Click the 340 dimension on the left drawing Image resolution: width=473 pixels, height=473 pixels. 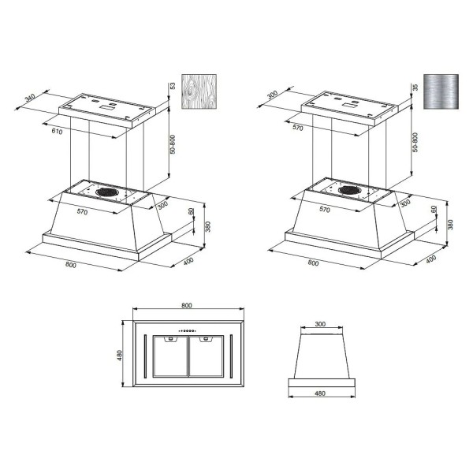[31, 98]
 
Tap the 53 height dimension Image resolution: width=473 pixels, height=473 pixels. [171, 84]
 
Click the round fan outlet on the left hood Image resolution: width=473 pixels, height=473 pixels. [108, 191]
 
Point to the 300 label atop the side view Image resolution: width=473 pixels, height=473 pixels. [320, 324]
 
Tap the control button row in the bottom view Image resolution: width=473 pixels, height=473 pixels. [188, 330]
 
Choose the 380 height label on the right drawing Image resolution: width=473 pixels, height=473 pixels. [451, 224]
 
